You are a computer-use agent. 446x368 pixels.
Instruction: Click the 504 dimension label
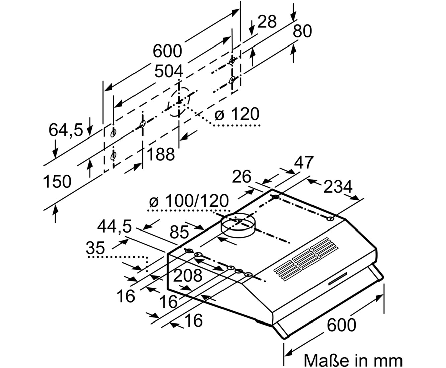(x=169, y=71)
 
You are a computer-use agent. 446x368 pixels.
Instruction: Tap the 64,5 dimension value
(x=66, y=130)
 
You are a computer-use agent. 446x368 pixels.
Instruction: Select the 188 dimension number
(x=161, y=154)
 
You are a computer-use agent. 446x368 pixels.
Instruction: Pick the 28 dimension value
(x=267, y=21)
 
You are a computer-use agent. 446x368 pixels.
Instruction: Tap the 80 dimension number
(x=302, y=31)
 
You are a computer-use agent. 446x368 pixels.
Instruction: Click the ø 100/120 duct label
(x=189, y=201)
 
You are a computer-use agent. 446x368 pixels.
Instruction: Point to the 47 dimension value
(x=304, y=162)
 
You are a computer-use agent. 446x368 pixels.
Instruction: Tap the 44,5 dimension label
(x=114, y=227)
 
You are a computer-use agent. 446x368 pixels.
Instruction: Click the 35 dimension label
(x=95, y=248)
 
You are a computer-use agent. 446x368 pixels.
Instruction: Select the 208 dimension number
(x=188, y=276)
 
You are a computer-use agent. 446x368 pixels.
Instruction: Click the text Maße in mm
(x=353, y=361)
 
